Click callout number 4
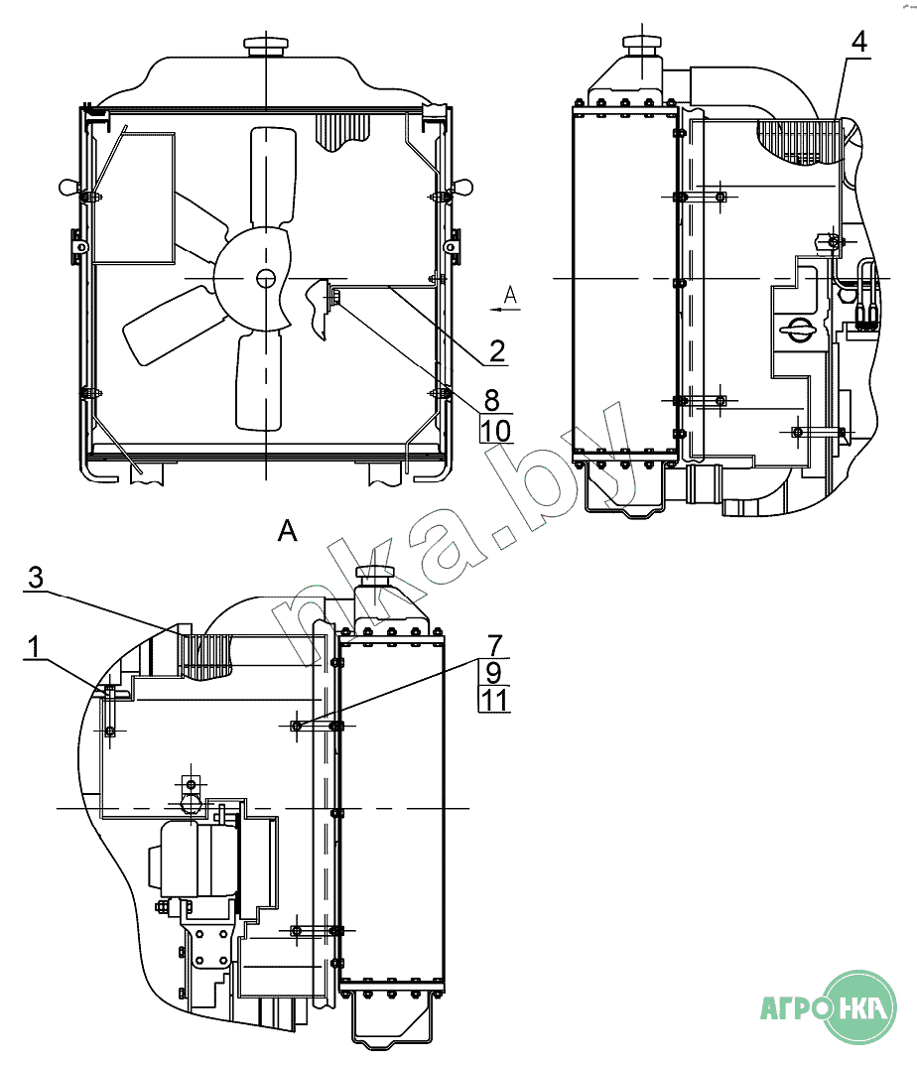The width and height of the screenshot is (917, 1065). [x=858, y=42]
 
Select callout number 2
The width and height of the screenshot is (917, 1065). [x=497, y=351]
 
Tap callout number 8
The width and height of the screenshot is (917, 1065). [x=492, y=399]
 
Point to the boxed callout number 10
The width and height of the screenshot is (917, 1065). [x=496, y=430]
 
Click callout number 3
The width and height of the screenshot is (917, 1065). [x=36, y=578]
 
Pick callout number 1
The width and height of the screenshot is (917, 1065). [x=34, y=647]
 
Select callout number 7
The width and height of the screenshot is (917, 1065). [x=495, y=645]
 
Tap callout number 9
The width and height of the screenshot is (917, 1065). [x=494, y=672]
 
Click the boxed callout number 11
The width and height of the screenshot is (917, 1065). [x=494, y=700]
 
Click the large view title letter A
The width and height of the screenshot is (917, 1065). [x=288, y=530]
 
